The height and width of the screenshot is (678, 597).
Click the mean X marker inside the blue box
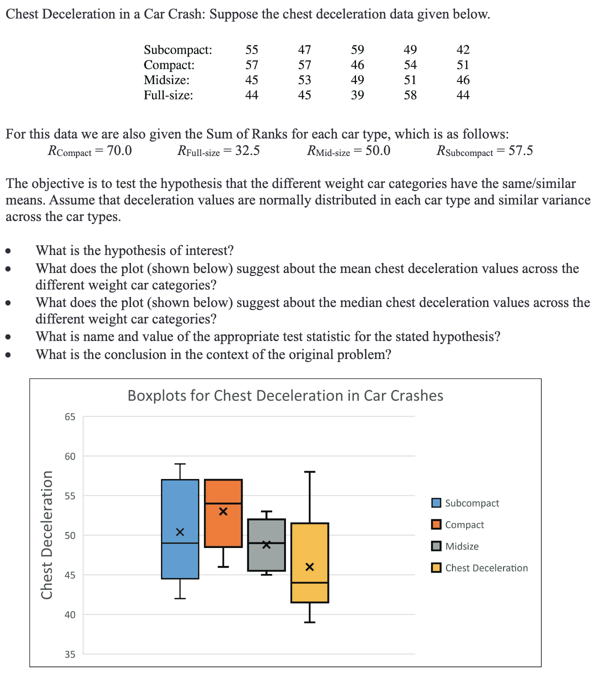[x=180, y=531]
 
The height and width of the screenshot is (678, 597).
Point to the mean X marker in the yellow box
[x=309, y=567]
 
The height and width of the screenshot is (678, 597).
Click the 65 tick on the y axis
[x=69, y=417]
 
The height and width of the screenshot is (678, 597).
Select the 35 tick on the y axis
[x=69, y=654]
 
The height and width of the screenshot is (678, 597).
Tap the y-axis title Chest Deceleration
[x=47, y=535]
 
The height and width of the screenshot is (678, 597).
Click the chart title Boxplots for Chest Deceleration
[x=285, y=395]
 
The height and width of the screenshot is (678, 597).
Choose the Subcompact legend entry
[x=471, y=503]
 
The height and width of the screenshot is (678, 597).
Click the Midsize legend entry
[x=461, y=546]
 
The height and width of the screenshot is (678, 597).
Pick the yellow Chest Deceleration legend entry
[x=486, y=568]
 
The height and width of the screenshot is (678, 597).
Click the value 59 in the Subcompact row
[x=357, y=49]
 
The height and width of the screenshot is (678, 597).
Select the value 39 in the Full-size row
[x=357, y=95]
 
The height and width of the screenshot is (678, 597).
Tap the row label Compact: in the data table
[x=169, y=65]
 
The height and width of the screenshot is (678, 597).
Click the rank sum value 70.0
[x=119, y=150]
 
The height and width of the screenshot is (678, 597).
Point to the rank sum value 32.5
[x=247, y=150]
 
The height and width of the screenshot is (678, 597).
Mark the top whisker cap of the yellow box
[x=309, y=471]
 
